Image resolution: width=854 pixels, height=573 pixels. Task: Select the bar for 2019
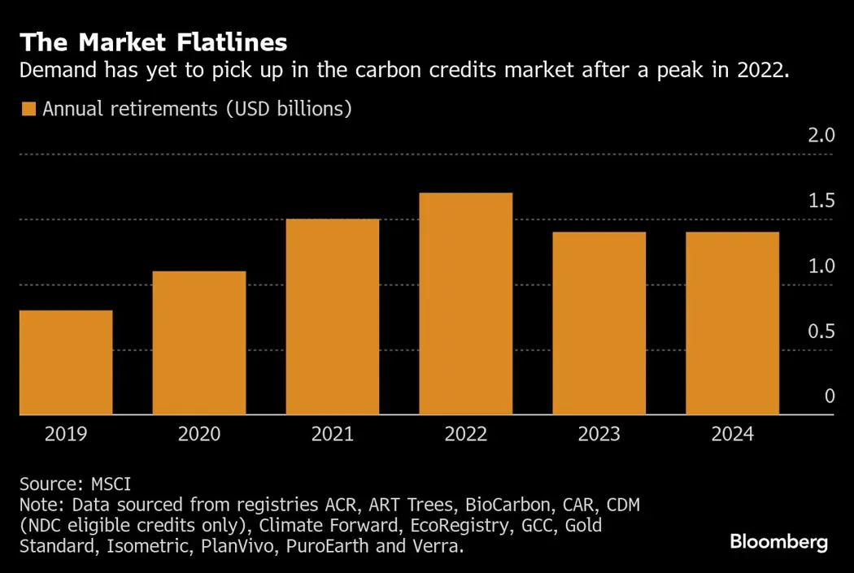pyautogui.click(x=66, y=362)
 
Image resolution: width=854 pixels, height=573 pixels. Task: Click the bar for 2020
pyautogui.click(x=199, y=343)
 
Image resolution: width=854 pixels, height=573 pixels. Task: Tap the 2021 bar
pyautogui.click(x=333, y=317)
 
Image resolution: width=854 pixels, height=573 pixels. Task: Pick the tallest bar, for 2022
pyautogui.click(x=466, y=304)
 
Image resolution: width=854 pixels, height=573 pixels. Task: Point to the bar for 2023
pyautogui.click(x=599, y=323)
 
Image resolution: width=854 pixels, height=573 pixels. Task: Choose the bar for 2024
pyautogui.click(x=732, y=323)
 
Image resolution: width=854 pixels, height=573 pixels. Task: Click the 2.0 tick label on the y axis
pyautogui.click(x=821, y=135)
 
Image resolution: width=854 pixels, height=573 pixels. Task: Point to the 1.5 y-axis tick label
pyautogui.click(x=821, y=201)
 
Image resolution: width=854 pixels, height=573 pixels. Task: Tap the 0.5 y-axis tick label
pyautogui.click(x=821, y=332)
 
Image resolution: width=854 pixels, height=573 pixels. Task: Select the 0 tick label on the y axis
pyautogui.click(x=830, y=397)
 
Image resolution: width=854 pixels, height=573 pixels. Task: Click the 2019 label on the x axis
pyautogui.click(x=66, y=434)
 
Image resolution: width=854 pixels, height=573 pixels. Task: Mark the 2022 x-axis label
pyautogui.click(x=466, y=434)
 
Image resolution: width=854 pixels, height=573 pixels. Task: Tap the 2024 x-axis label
pyautogui.click(x=732, y=434)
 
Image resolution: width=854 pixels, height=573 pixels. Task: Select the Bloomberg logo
pyautogui.click(x=778, y=541)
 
